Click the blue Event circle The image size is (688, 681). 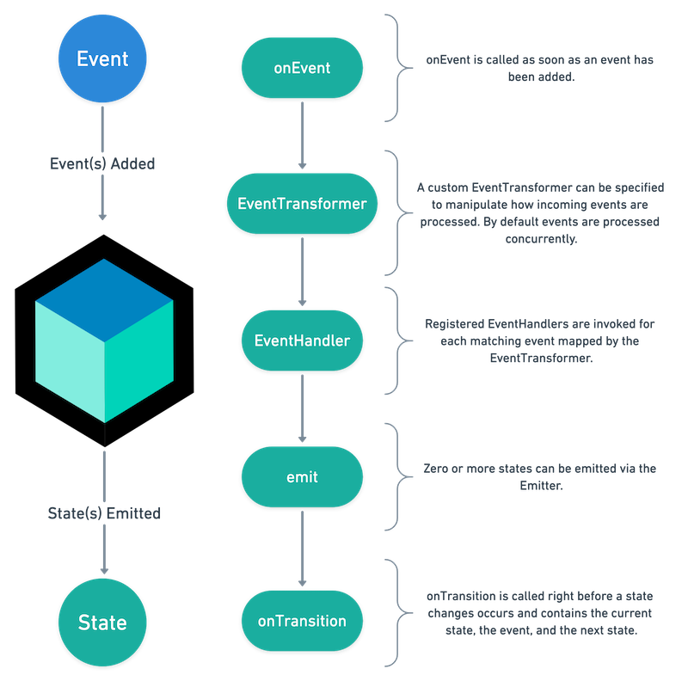[x=102, y=58]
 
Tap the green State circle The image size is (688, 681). [x=102, y=622]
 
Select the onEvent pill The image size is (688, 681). [x=302, y=68]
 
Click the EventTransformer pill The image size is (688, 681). [x=302, y=204]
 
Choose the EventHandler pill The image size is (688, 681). [x=302, y=340]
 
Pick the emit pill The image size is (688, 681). [x=302, y=475]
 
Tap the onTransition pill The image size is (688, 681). [x=302, y=620]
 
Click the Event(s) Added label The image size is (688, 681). [x=102, y=163]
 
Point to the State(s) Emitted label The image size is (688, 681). [x=102, y=513]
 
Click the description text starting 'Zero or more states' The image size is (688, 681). [x=540, y=476]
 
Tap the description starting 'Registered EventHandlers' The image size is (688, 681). [x=540, y=340]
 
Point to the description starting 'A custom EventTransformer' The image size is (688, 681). [x=540, y=213]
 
